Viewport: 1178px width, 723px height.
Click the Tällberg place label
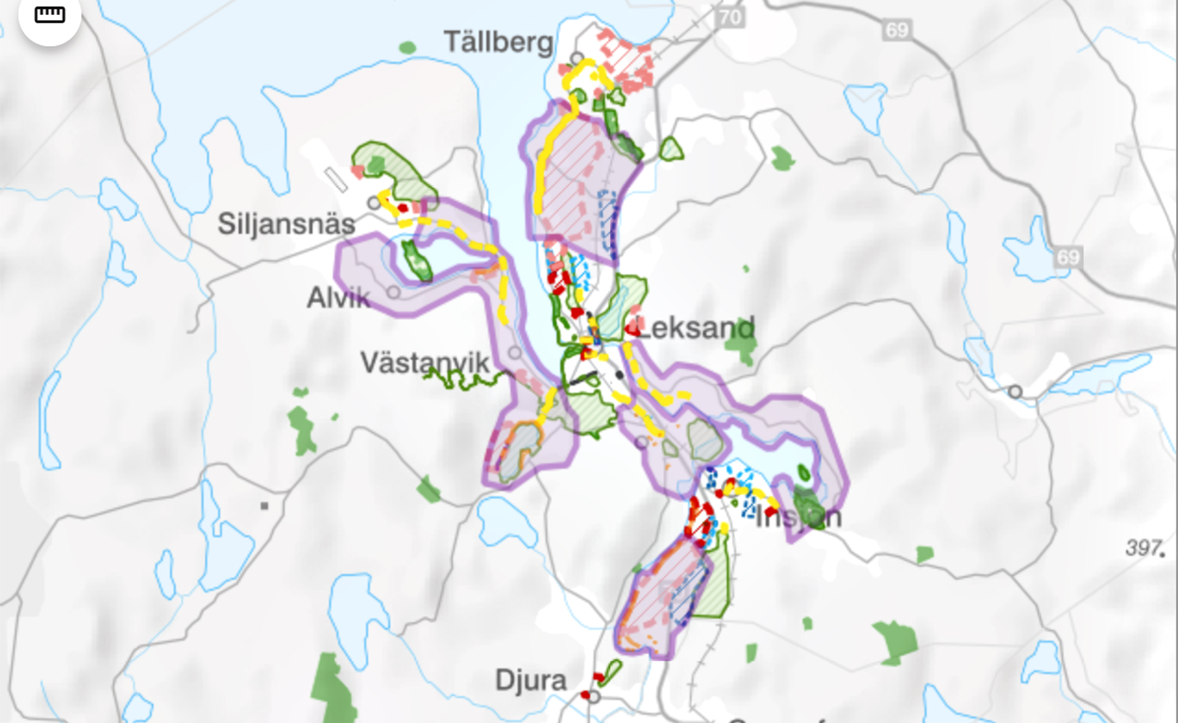click(x=498, y=42)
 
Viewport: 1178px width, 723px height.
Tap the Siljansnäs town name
click(x=286, y=224)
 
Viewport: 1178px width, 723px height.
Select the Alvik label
click(x=338, y=298)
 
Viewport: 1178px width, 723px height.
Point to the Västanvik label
click(x=425, y=363)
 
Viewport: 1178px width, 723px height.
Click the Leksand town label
click(x=697, y=328)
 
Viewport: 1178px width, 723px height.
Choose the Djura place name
click(x=531, y=680)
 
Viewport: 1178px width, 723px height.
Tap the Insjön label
click(x=798, y=517)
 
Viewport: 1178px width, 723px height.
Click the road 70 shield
click(x=730, y=17)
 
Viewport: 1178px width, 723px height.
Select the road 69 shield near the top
click(x=897, y=30)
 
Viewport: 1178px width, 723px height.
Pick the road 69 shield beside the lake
click(x=1068, y=257)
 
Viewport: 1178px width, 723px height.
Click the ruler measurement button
click(x=50, y=15)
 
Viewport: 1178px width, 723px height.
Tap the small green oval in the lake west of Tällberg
click(x=408, y=47)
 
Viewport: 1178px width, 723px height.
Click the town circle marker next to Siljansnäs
click(x=374, y=203)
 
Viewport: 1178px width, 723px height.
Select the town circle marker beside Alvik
click(x=393, y=292)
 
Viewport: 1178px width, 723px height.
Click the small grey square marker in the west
click(x=264, y=505)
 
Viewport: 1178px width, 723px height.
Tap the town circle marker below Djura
click(x=594, y=697)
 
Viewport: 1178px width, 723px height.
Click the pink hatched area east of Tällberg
click(x=626, y=60)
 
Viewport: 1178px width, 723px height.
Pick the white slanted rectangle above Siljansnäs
click(x=335, y=180)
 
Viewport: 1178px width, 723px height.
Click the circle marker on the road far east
click(x=1015, y=391)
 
